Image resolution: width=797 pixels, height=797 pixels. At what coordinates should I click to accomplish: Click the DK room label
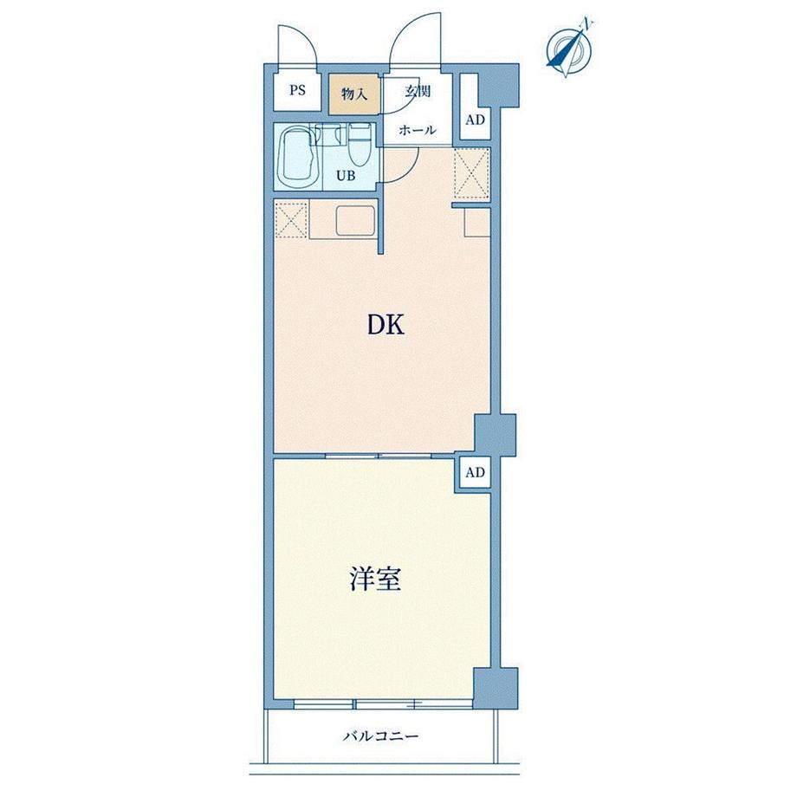[386, 326]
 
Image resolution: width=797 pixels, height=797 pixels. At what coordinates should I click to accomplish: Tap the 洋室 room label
[376, 580]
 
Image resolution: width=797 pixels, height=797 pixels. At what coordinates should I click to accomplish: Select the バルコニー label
[380, 735]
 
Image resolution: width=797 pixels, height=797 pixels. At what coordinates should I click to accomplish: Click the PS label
[298, 90]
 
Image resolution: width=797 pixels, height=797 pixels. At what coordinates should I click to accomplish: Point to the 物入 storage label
[354, 94]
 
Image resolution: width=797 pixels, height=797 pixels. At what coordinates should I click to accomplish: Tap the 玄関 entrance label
[418, 92]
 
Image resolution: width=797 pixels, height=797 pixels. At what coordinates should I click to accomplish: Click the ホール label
[418, 130]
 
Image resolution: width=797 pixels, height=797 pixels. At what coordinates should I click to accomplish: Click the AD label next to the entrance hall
[476, 120]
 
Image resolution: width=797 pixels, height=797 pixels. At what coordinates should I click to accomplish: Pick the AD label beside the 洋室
[476, 473]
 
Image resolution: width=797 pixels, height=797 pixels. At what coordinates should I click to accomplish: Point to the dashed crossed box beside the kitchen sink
[291, 220]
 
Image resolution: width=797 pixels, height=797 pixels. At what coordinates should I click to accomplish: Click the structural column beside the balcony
[496, 688]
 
